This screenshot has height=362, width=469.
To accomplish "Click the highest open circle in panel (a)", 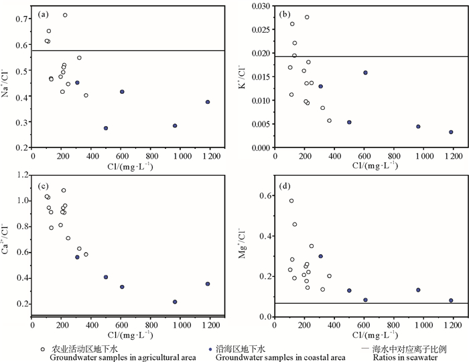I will (65, 15).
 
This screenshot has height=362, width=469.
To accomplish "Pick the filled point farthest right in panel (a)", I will (208, 102).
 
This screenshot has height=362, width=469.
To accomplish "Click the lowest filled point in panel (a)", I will (106, 128).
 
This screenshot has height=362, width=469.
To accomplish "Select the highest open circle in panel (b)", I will (307, 17).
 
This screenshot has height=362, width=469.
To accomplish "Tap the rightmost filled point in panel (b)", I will (451, 132).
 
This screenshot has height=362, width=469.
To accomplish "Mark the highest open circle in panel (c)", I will (64, 190).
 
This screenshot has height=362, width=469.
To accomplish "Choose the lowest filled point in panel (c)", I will (175, 302).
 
